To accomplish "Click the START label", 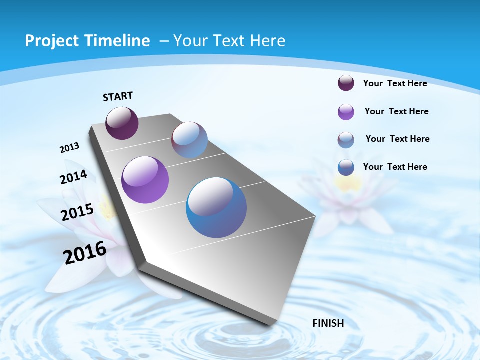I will click(118, 96).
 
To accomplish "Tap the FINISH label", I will click(328, 323).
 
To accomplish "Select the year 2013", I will click(70, 148).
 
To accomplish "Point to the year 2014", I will click(74, 177).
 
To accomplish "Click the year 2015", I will click(77, 212).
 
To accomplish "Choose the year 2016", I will click(85, 252).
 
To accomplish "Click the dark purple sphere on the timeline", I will click(122, 123).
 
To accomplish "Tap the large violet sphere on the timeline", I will click(145, 180).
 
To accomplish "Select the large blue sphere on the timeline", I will click(216, 207).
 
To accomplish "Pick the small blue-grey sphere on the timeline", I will click(189, 140).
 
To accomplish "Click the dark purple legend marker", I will click(346, 83).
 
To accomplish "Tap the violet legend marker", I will click(346, 112).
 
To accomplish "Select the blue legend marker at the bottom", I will click(346, 167).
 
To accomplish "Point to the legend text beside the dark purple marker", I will click(395, 83).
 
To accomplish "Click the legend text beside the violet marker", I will click(396, 111).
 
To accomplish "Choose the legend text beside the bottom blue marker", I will click(395, 167).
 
